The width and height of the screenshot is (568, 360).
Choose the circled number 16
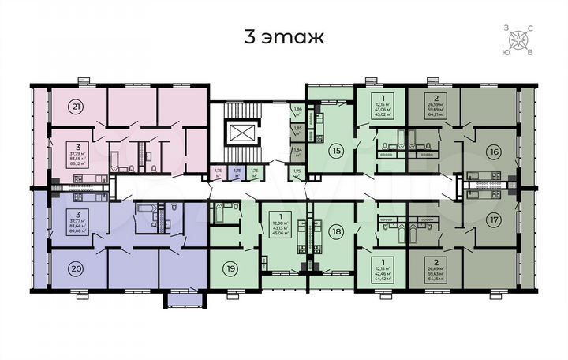[x=495, y=151]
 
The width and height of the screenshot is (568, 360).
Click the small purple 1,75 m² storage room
[x=237, y=173]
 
